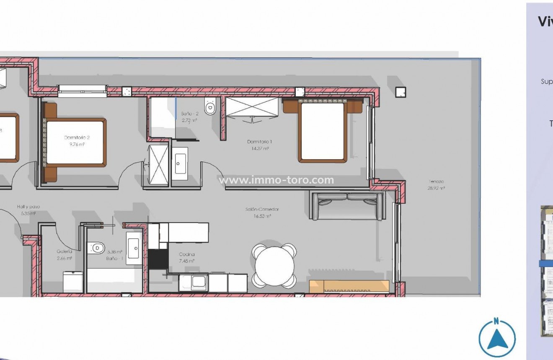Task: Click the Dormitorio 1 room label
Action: (258, 142)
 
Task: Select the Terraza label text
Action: (436, 181)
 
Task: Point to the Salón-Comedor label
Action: (262, 210)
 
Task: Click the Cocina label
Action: (186, 254)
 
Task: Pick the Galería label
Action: (65, 251)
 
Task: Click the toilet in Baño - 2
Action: (210, 107)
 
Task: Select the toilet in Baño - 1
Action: (96, 248)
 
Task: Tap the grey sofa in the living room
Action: (346, 206)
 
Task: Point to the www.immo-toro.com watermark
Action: (277, 180)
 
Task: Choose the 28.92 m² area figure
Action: (436, 189)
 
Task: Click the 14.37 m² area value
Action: (258, 148)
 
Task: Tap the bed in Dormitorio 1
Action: (323, 131)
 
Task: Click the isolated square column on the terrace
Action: (401, 92)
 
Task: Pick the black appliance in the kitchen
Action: (158, 259)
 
